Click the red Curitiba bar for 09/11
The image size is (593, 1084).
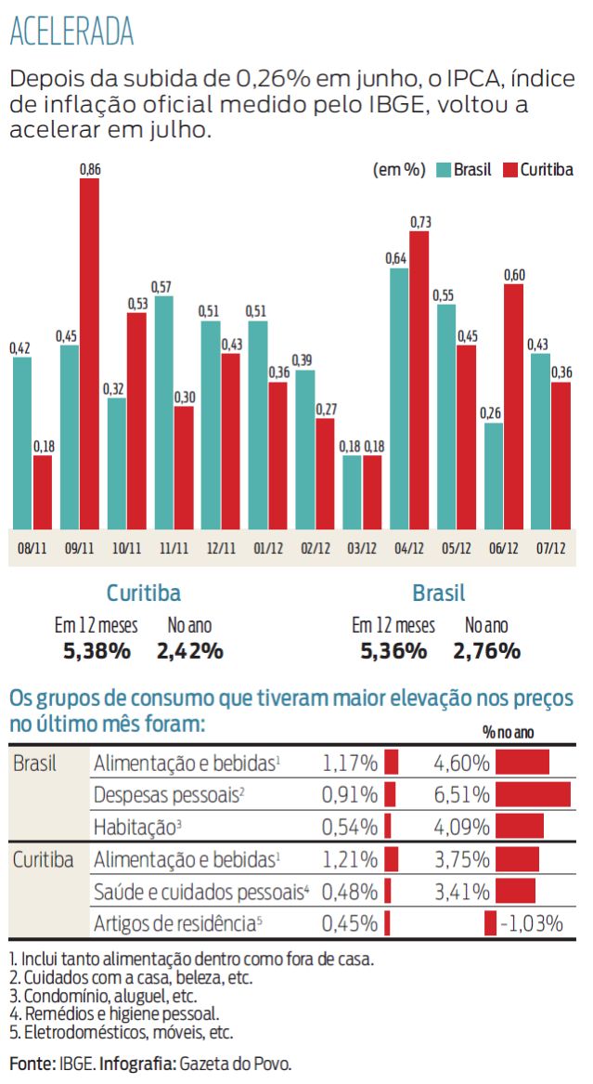[x=89, y=353]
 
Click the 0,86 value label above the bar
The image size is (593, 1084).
[x=90, y=169]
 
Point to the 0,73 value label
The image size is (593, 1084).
[x=419, y=222]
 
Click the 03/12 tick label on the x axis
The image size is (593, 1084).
[x=364, y=548]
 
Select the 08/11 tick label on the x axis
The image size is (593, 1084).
[x=32, y=548]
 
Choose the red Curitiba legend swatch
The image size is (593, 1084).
[x=509, y=170]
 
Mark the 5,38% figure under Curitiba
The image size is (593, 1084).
[x=97, y=651]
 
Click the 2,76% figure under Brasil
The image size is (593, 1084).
[x=486, y=651]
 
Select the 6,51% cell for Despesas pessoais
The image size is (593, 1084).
[x=461, y=794]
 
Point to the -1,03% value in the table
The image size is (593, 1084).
[x=532, y=923]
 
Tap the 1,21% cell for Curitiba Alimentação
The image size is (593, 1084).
[x=350, y=859]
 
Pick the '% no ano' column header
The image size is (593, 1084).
[x=508, y=733]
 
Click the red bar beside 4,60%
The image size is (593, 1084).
[x=522, y=763]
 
